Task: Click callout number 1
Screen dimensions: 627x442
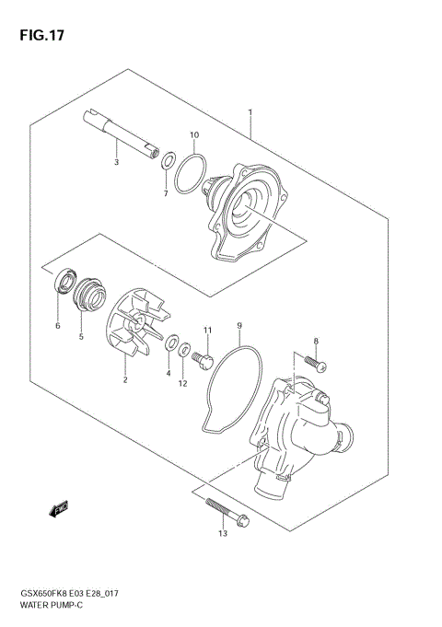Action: (250, 113)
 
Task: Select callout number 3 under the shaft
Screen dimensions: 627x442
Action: (116, 163)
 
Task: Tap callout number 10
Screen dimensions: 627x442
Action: (194, 135)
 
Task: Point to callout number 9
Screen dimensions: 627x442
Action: (238, 325)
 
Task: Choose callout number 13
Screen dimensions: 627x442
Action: (222, 533)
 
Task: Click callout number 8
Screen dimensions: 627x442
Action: (316, 341)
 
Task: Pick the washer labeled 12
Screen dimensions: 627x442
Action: (185, 350)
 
